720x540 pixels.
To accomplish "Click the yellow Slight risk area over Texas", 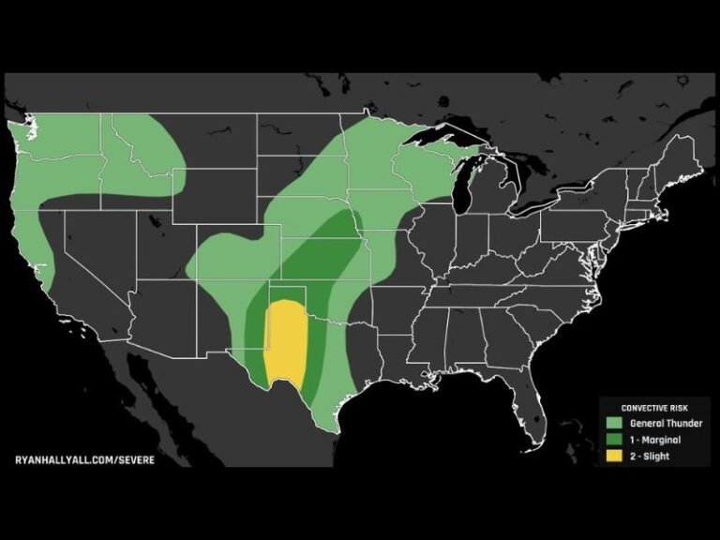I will [x=285, y=342].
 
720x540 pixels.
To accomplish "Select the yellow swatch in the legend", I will [x=614, y=456].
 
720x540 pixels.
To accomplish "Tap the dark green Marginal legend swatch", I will [x=614, y=440].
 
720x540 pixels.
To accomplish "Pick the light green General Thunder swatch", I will [x=614, y=423].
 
